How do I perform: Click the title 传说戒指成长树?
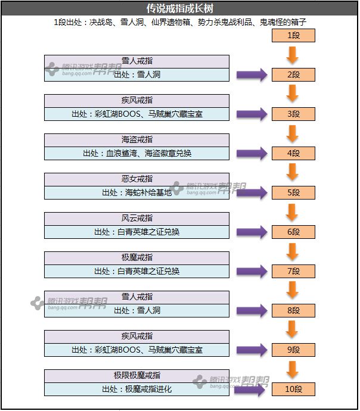pyautogui.click(x=179, y=9)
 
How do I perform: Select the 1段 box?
pyautogui.click(x=293, y=36)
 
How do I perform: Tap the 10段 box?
pyautogui.click(x=293, y=390)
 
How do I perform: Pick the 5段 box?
pyautogui.click(x=293, y=193)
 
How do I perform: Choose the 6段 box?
pyautogui.click(x=293, y=232)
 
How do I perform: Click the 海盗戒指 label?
pyautogui.click(x=136, y=140)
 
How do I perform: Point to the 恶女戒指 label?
pyautogui.click(x=136, y=179)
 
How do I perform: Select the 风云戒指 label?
pyautogui.click(x=136, y=219)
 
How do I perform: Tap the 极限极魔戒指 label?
pyautogui.click(x=136, y=376)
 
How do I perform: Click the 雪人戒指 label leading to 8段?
pyautogui.click(x=136, y=297)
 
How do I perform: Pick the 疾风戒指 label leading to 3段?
pyautogui.click(x=136, y=101)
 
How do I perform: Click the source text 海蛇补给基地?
pyautogui.click(x=136, y=192)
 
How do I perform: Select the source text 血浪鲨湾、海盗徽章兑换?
pyautogui.click(x=136, y=153)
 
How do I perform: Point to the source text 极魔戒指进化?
pyautogui.click(x=136, y=389)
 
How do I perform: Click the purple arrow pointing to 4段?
pyautogui.click(x=252, y=154)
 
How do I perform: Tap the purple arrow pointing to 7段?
pyautogui.click(x=252, y=272)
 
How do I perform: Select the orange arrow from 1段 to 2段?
pyautogui.click(x=292, y=55)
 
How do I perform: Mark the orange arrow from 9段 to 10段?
pyautogui.click(x=292, y=370)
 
